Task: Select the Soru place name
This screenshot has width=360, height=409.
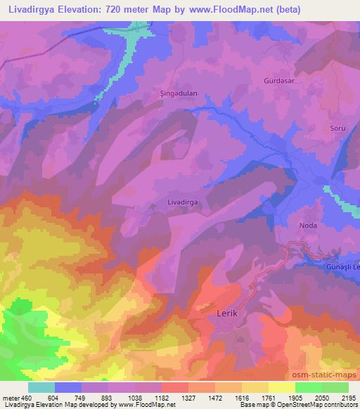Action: point(337,128)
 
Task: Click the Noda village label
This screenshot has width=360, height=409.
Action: point(308,226)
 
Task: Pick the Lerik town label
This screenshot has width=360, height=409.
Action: point(224,310)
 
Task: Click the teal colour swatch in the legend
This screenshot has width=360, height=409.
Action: point(41,387)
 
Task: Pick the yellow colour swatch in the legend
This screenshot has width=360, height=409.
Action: point(282,387)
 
